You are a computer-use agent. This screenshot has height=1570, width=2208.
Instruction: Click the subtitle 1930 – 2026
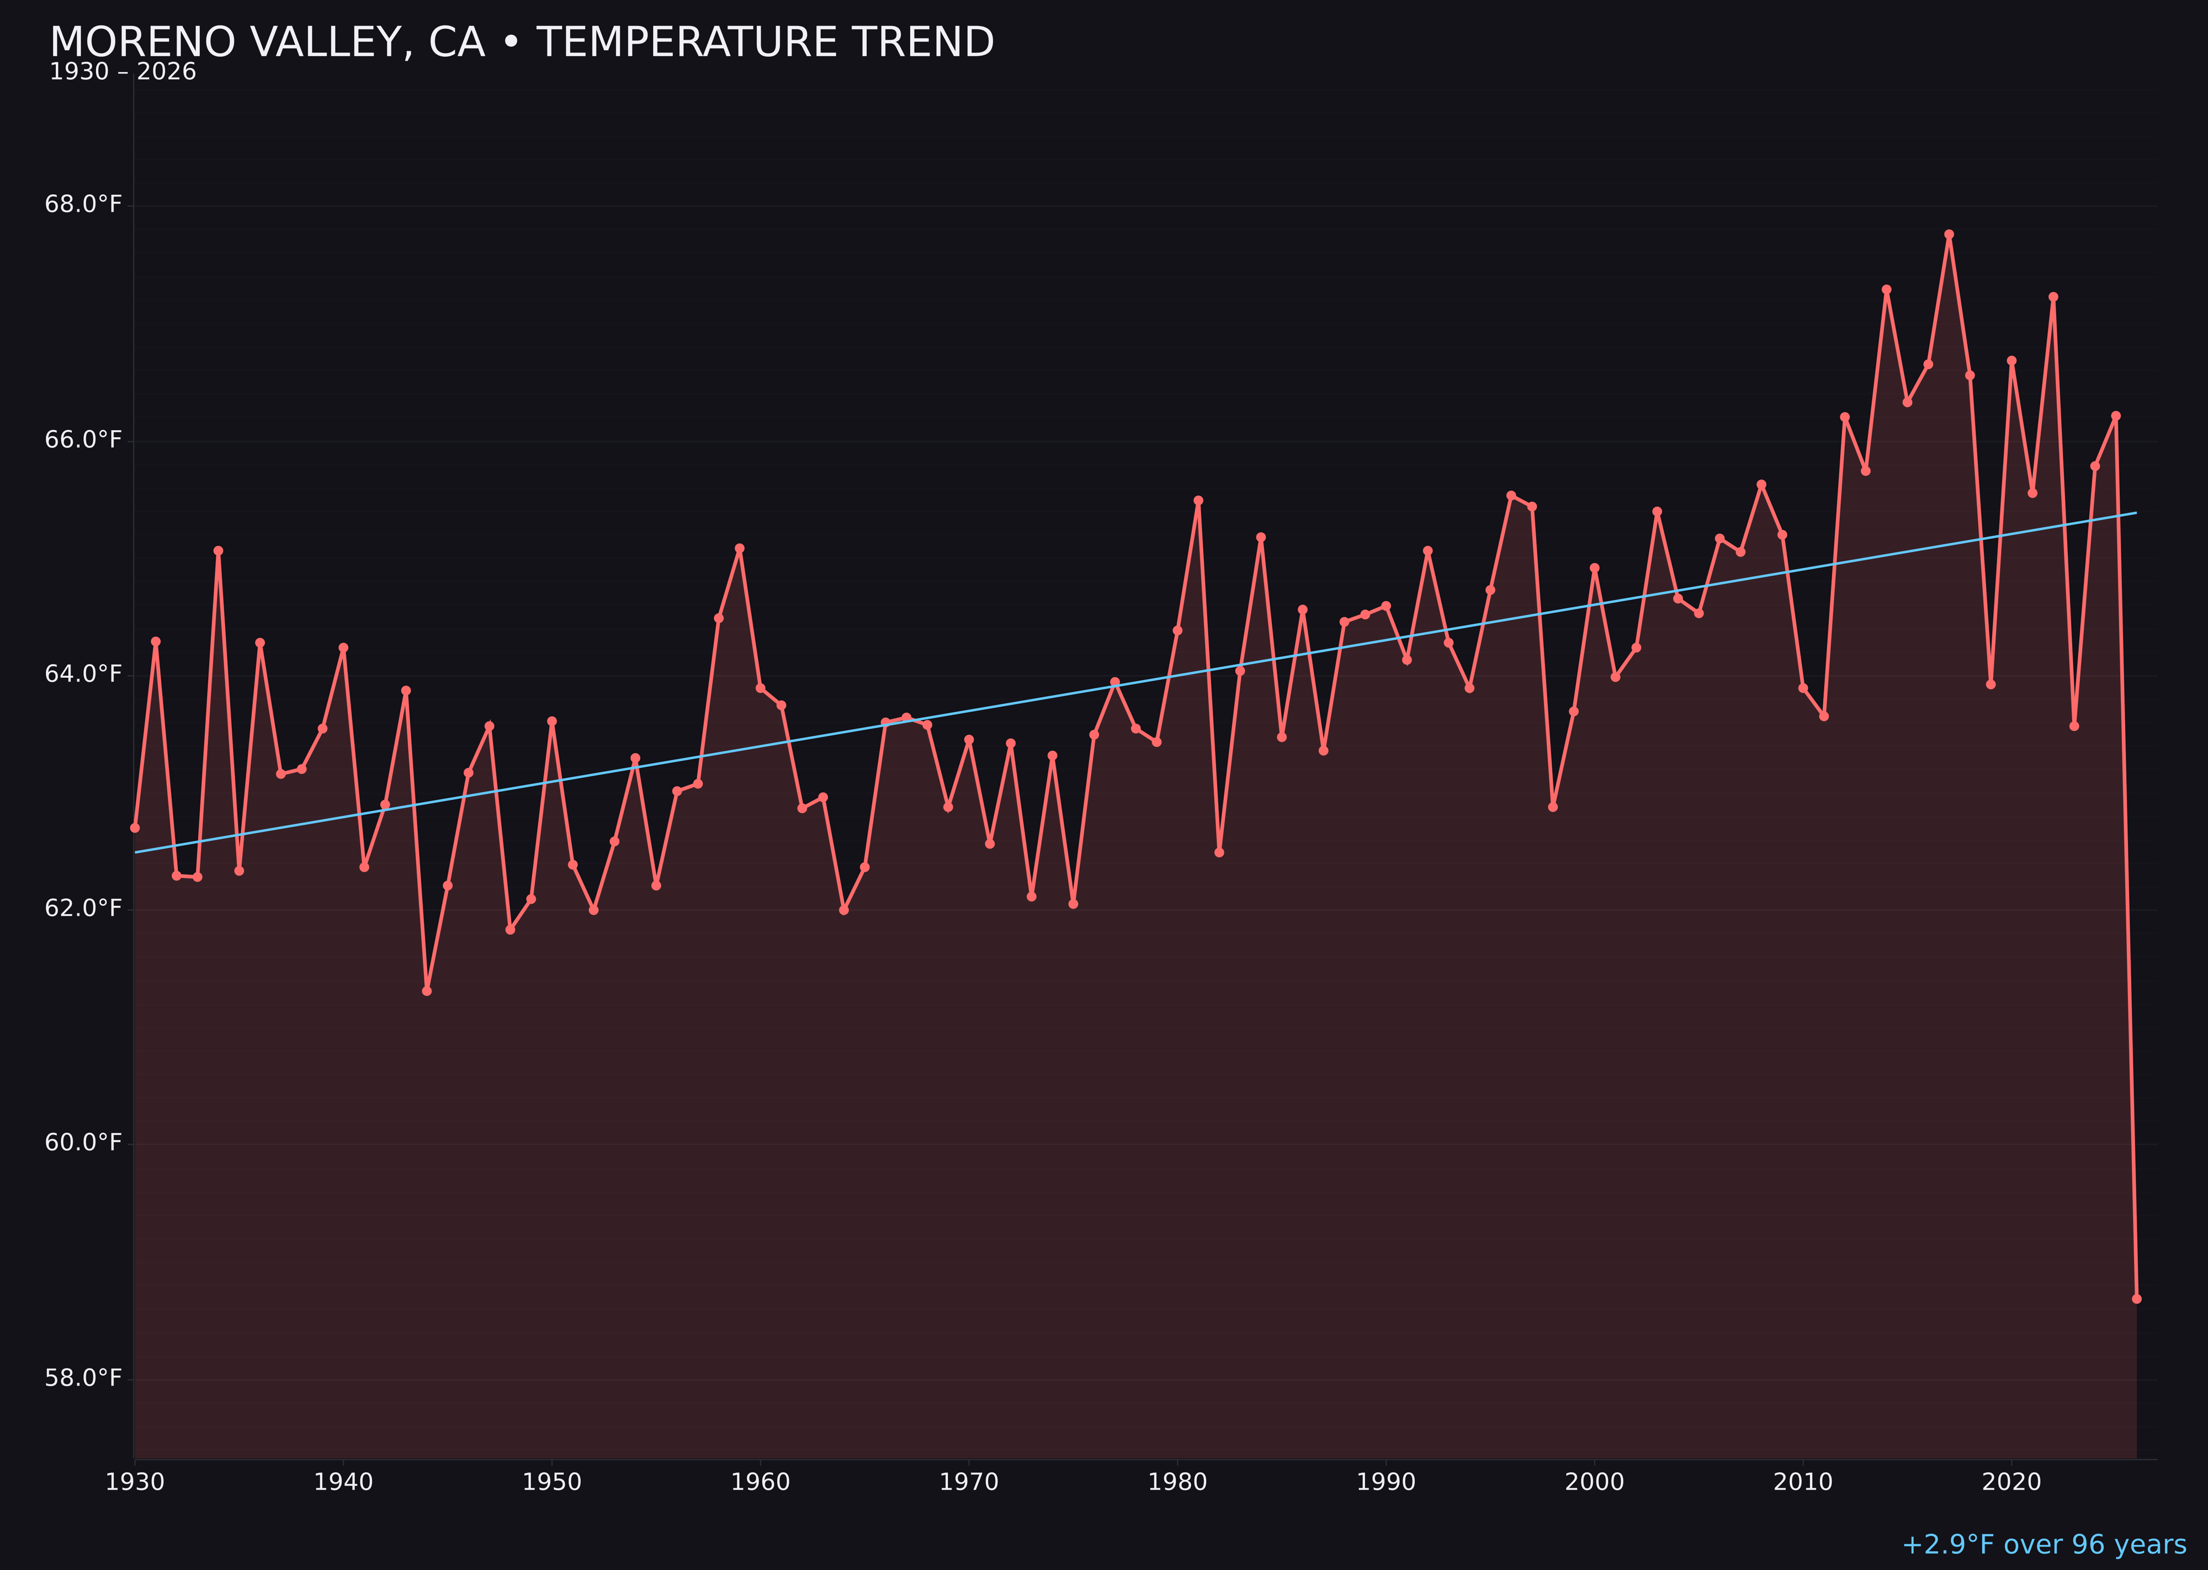(123, 72)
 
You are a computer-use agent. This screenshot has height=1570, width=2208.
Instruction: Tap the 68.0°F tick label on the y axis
(83, 204)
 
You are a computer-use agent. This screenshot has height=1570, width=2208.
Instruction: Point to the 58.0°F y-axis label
(83, 1378)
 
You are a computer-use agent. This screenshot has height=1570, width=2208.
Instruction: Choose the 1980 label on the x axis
(1177, 1482)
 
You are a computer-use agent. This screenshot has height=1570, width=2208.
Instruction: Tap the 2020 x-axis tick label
(2011, 1482)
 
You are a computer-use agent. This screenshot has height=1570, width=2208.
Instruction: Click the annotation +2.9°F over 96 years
(2044, 1545)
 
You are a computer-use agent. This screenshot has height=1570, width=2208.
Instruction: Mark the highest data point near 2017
(1949, 234)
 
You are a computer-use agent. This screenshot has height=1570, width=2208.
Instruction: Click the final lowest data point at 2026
(2136, 1298)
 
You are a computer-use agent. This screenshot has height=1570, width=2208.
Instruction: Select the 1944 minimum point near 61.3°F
(426, 991)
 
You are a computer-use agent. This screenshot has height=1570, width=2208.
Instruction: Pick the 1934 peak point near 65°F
(219, 550)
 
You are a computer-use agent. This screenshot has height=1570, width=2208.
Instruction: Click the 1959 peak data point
(740, 548)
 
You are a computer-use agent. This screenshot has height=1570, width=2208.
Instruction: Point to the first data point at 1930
(134, 828)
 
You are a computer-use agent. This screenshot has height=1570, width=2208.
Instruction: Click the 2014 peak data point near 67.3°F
(1886, 289)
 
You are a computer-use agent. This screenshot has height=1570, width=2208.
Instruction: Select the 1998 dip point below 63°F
(1553, 807)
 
